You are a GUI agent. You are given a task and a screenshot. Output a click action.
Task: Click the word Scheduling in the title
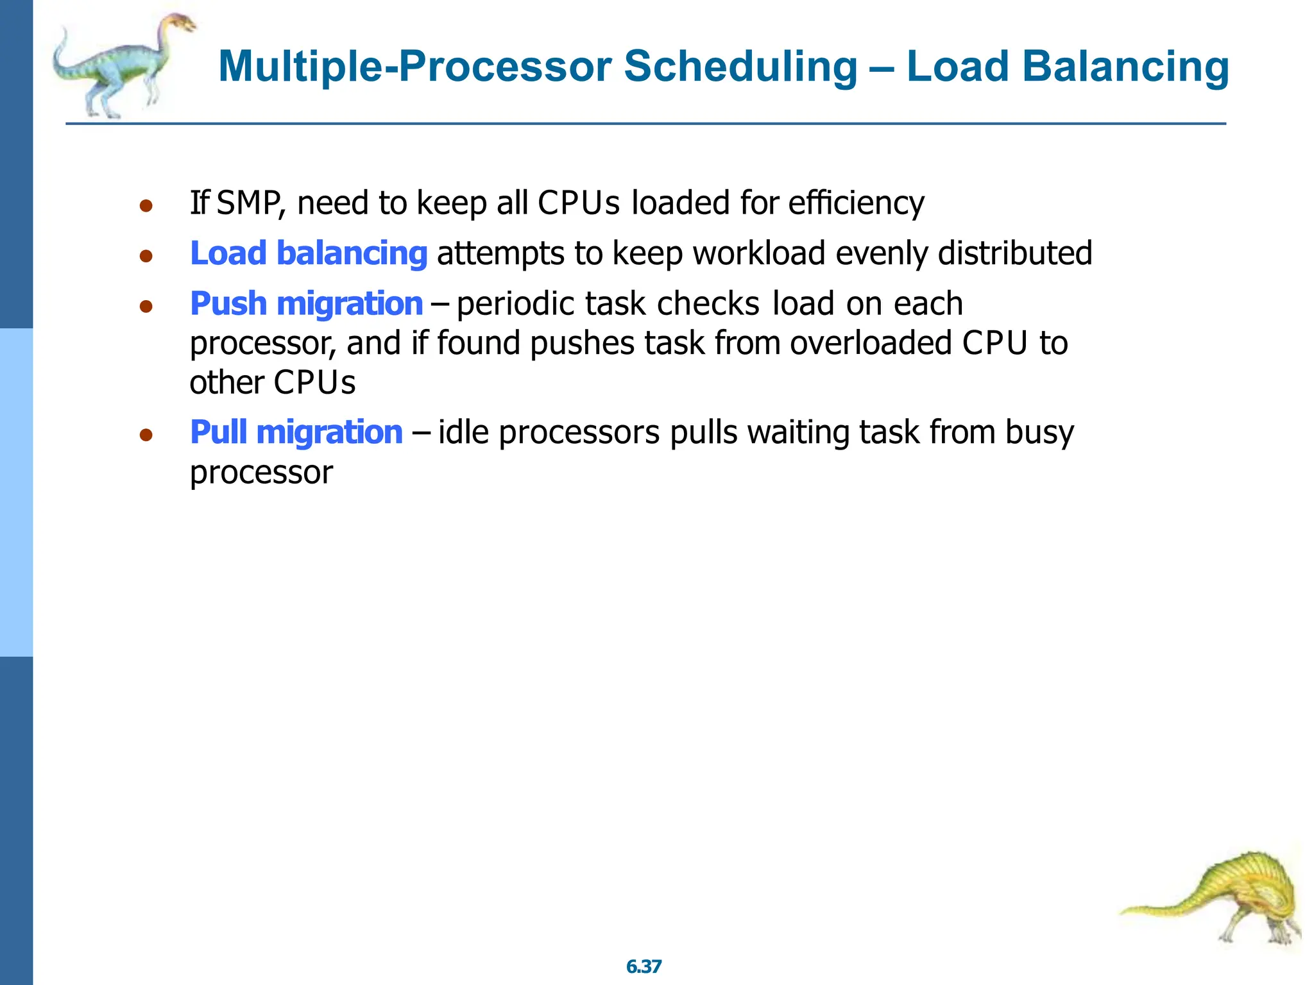(x=740, y=67)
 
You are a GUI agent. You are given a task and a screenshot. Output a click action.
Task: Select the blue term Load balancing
(x=309, y=253)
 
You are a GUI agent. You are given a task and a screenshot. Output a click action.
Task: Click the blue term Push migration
(x=307, y=303)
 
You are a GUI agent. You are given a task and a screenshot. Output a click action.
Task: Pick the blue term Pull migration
(x=296, y=432)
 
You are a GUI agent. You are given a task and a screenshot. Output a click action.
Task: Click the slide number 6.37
(x=644, y=966)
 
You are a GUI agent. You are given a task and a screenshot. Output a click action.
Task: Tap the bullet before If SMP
(x=146, y=206)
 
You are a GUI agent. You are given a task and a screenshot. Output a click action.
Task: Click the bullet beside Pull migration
(x=146, y=435)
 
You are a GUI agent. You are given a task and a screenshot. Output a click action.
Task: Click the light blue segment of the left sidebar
(x=16, y=492)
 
